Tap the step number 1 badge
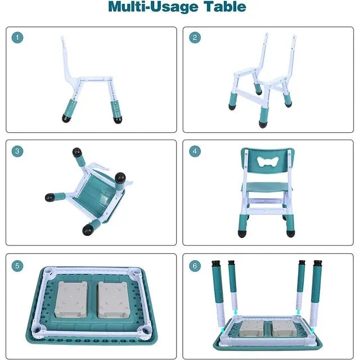click(17, 37)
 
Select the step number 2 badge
click(195, 38)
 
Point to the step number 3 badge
click(17, 151)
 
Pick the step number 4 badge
click(195, 151)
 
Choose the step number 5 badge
click(17, 266)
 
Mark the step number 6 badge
click(195, 266)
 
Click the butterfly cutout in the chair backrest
click(268, 161)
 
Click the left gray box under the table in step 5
click(71, 300)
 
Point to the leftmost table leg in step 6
click(218, 294)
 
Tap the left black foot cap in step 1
click(67, 118)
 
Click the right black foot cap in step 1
click(118, 120)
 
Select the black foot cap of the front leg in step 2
click(263, 124)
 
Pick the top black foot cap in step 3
click(77, 152)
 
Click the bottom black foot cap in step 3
click(88, 229)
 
